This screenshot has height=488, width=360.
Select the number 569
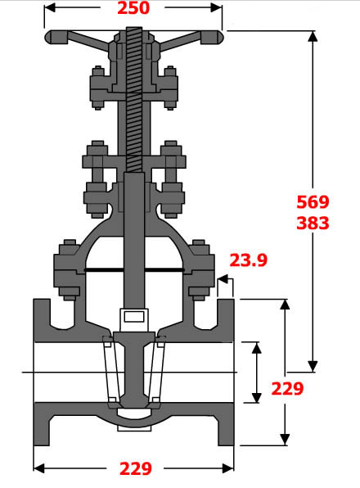pos(312,202)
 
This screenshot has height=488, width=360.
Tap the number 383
pos(312,223)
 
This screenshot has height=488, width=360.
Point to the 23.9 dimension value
pos(248,260)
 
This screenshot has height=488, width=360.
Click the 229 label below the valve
pos(135,469)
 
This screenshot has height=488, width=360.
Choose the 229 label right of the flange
pos(286,389)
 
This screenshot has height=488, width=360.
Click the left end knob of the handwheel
pos(53,36)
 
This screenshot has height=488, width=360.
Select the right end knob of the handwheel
pos(215,36)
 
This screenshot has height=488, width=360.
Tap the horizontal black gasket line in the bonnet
pos(134,270)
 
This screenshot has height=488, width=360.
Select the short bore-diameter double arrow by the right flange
pos(257,373)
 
